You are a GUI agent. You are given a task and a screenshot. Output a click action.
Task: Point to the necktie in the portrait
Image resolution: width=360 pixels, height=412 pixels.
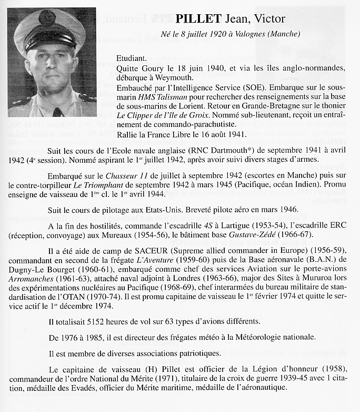tap(57, 110)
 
